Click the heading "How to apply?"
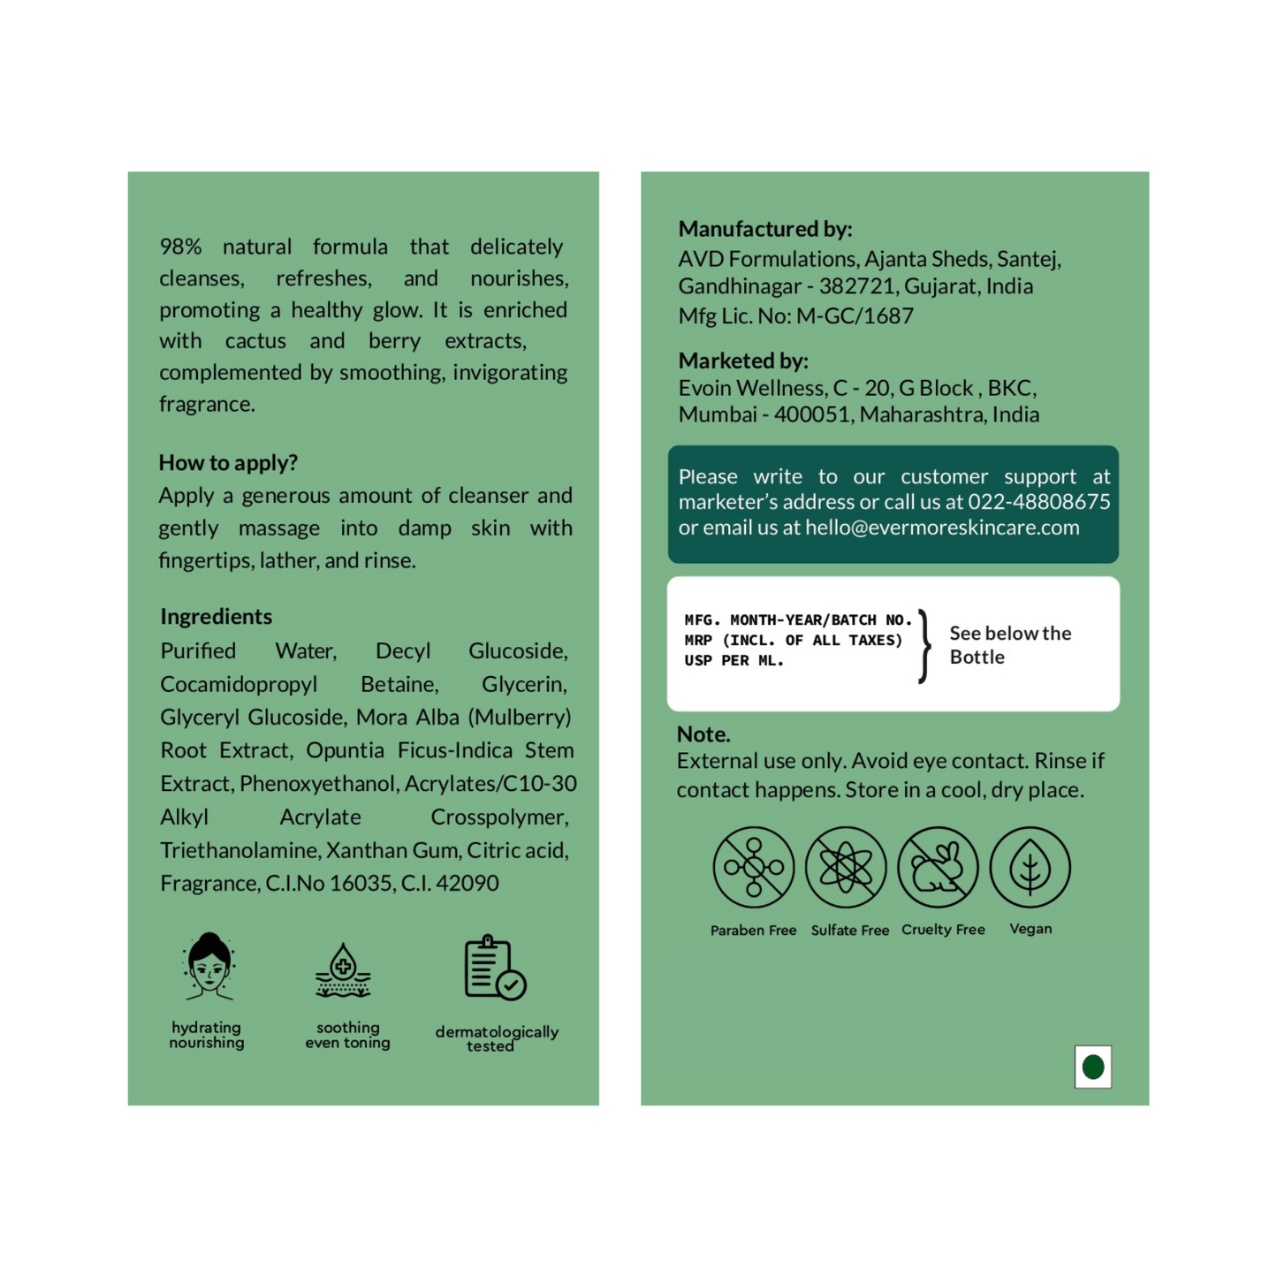tap(228, 463)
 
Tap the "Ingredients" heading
tap(216, 617)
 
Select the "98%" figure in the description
tap(181, 247)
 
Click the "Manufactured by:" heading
tap(765, 229)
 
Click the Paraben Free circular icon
tap(753, 867)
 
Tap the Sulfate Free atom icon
tap(846, 867)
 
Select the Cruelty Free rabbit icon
tap(938, 867)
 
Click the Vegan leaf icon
tap(1030, 867)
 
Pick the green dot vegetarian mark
tap(1093, 1067)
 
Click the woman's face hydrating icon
tap(209, 967)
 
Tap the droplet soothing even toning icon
tap(343, 970)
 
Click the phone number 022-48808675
tap(1039, 502)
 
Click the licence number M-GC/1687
tap(855, 315)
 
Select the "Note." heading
tap(703, 734)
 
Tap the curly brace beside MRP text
tap(924, 646)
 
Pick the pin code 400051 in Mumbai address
tap(811, 414)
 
